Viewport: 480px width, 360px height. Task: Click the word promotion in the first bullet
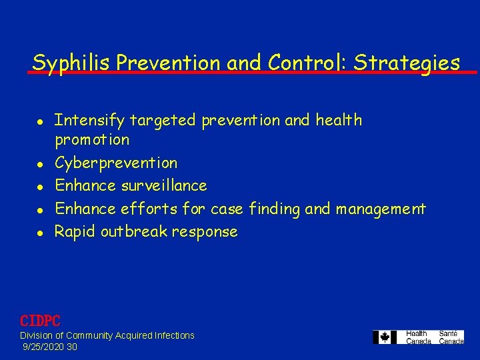point(92,140)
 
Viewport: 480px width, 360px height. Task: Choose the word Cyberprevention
point(116,163)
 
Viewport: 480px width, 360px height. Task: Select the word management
point(381,209)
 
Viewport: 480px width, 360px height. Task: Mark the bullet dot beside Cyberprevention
point(40,163)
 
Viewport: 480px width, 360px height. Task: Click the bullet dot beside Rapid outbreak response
point(40,232)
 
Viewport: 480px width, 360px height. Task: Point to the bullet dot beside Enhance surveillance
point(40,186)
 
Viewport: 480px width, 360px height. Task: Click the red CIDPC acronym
point(40,320)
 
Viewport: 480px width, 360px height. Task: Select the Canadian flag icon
point(385,337)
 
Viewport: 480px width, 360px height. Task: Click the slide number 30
point(72,347)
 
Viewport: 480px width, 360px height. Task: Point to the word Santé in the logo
point(448,333)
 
